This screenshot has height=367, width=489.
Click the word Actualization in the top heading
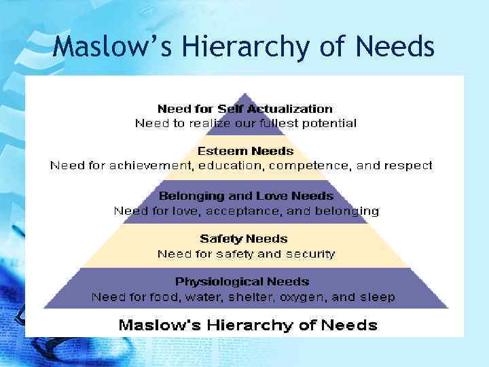point(293,109)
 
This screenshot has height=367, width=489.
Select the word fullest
point(274,124)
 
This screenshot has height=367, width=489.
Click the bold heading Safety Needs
point(243,239)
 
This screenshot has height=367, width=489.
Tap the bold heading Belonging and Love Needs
point(246,196)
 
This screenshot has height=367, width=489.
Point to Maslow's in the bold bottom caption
point(157,324)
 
